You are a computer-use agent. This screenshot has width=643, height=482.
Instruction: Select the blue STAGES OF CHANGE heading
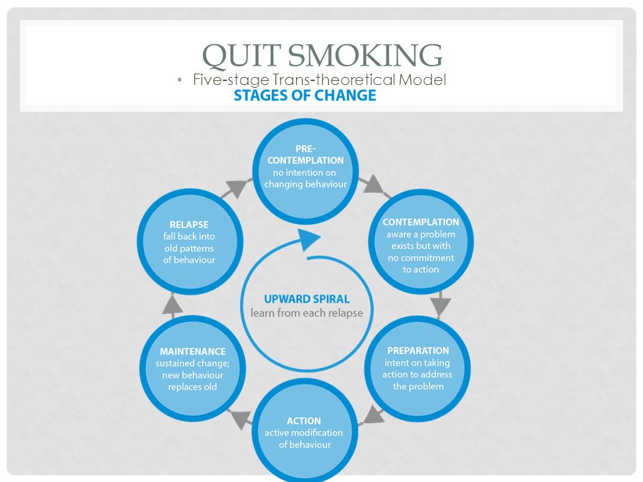coord(305,96)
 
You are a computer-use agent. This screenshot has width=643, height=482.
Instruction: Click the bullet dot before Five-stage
coord(180,80)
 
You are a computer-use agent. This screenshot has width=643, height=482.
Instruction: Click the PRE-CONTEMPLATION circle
coord(305,171)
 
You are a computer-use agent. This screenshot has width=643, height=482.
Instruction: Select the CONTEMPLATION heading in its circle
coord(421,222)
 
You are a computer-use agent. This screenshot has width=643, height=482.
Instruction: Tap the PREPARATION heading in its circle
coord(418,351)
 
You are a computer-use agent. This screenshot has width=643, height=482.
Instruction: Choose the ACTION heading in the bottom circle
coord(304,421)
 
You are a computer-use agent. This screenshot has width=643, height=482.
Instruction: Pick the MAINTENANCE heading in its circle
coord(193,351)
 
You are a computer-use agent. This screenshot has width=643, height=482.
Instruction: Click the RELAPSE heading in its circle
coord(189,225)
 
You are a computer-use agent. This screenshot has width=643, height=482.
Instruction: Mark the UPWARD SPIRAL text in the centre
coord(307,299)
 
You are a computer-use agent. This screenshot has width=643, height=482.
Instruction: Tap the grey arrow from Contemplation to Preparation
coord(441,304)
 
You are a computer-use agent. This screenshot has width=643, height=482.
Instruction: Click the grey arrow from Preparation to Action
coord(372,416)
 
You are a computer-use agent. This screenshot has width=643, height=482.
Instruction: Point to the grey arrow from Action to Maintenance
coord(240,417)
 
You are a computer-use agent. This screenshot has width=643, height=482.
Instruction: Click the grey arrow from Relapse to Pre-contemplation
coord(237,189)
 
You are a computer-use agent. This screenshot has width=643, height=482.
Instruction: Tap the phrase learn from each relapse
coord(307,313)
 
